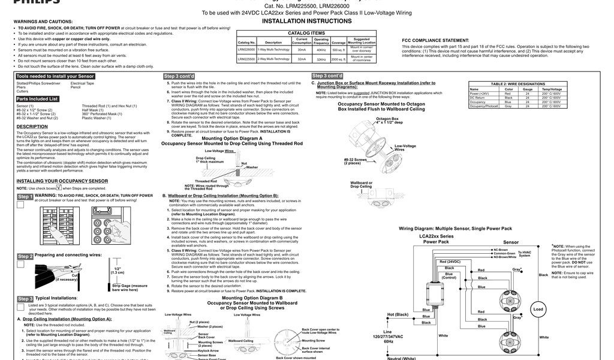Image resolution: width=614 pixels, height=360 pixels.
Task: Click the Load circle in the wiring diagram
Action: click(x=538, y=309)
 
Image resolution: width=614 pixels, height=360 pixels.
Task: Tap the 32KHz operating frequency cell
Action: click(x=321, y=59)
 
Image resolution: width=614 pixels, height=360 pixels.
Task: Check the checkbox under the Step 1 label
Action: click(x=20, y=205)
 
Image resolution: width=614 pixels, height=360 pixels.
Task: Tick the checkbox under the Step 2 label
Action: click(x=20, y=265)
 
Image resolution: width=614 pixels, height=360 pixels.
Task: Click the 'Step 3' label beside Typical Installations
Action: click(x=25, y=298)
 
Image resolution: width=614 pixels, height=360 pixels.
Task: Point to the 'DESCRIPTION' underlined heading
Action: click(x=32, y=127)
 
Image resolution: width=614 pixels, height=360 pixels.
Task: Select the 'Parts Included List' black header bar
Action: click(x=37, y=98)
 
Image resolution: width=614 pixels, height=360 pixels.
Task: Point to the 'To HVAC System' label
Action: click(x=525, y=254)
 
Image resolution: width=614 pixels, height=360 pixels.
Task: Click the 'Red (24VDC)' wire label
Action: click(x=450, y=262)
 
